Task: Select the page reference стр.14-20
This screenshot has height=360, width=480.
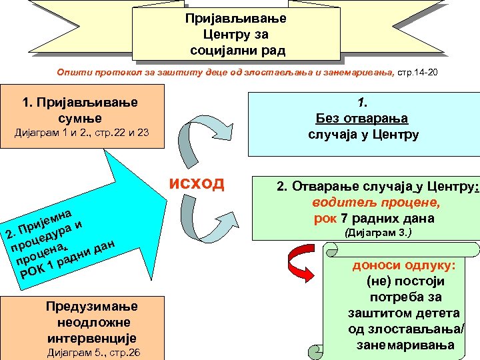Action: coord(418,71)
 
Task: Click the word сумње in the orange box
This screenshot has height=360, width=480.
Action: coord(80,118)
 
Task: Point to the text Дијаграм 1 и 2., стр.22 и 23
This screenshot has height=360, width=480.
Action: coord(82,133)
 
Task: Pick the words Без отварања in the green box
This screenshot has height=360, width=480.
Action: coord(363,119)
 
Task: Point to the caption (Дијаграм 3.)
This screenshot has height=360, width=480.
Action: coord(377,233)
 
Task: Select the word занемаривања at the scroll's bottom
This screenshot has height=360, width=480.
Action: coord(405,345)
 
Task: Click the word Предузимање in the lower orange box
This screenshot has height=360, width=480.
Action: coord(92,306)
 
